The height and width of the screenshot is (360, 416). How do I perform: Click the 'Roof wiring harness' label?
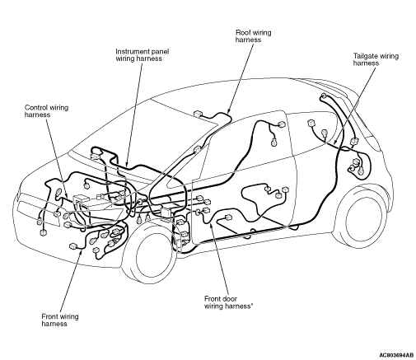pos(253,36)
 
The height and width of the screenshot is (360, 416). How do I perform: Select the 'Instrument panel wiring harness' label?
pos(143,55)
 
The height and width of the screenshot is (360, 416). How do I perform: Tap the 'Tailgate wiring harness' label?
pos(376,59)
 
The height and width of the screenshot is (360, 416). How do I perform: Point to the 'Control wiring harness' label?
pos(46,111)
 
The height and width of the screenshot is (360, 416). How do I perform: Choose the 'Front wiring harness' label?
pos(60,320)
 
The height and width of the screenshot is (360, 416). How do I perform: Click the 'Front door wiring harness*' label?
pos(227,302)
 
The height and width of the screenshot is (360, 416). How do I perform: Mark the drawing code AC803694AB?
pos(396,355)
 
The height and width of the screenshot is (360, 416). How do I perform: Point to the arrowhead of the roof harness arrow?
pos(228,110)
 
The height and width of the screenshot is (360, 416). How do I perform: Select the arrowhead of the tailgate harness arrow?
pos(335,142)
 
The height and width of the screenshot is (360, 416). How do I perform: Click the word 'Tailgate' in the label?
pos(364,56)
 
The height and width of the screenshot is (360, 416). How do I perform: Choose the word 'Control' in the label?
pos(35,107)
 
